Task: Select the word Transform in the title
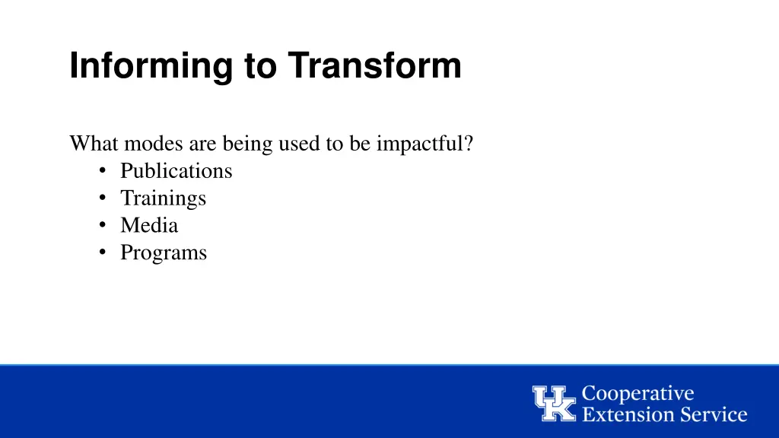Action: [x=374, y=66]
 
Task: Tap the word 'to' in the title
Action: [x=260, y=66]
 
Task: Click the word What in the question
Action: [x=94, y=143]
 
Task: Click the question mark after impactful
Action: [x=469, y=143]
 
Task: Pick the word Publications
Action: [x=176, y=170]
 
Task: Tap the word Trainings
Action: [x=163, y=198]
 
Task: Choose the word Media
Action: [x=149, y=225]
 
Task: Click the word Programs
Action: [x=163, y=252]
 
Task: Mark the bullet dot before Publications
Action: [x=102, y=171]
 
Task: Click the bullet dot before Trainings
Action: [x=102, y=198]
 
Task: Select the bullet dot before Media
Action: [x=102, y=226]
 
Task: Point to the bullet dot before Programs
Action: [x=102, y=253]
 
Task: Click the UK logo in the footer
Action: [x=554, y=403]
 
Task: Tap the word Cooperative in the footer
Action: [x=638, y=394]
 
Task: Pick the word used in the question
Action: [x=301, y=143]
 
